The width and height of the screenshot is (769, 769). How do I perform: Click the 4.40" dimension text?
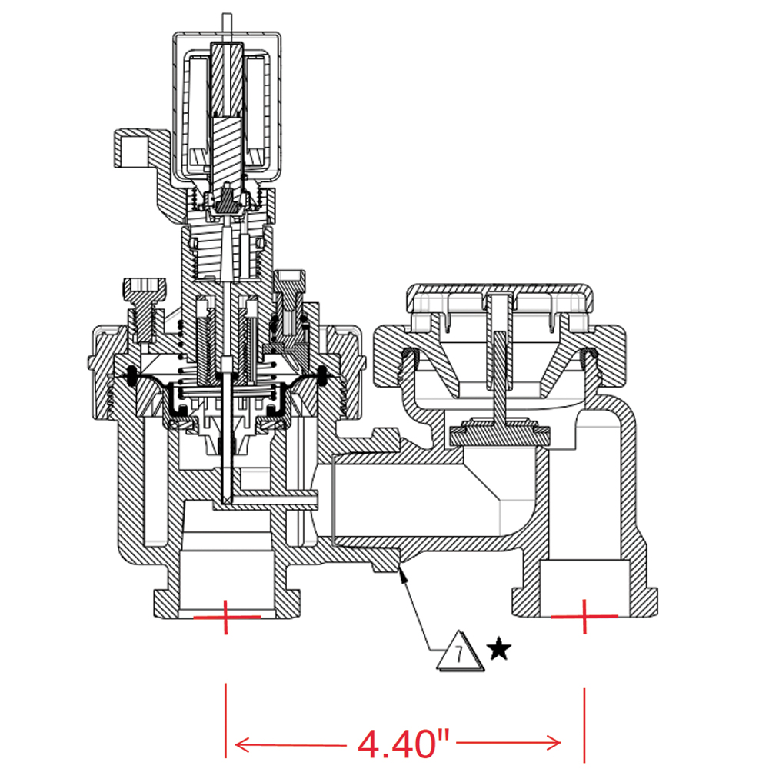point(403,744)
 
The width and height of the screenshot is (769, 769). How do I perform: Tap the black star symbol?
point(499,649)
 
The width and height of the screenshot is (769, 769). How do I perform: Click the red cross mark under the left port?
point(226,617)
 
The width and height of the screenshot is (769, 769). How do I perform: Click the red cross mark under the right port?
point(584,616)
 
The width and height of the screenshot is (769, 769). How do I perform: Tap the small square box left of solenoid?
point(131,148)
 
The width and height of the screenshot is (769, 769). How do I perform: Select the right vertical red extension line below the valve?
point(584,724)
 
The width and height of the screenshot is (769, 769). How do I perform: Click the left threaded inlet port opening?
point(226,584)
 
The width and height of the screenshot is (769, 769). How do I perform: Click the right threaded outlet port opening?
point(584,587)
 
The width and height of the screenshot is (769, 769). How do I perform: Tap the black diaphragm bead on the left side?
point(131,375)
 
